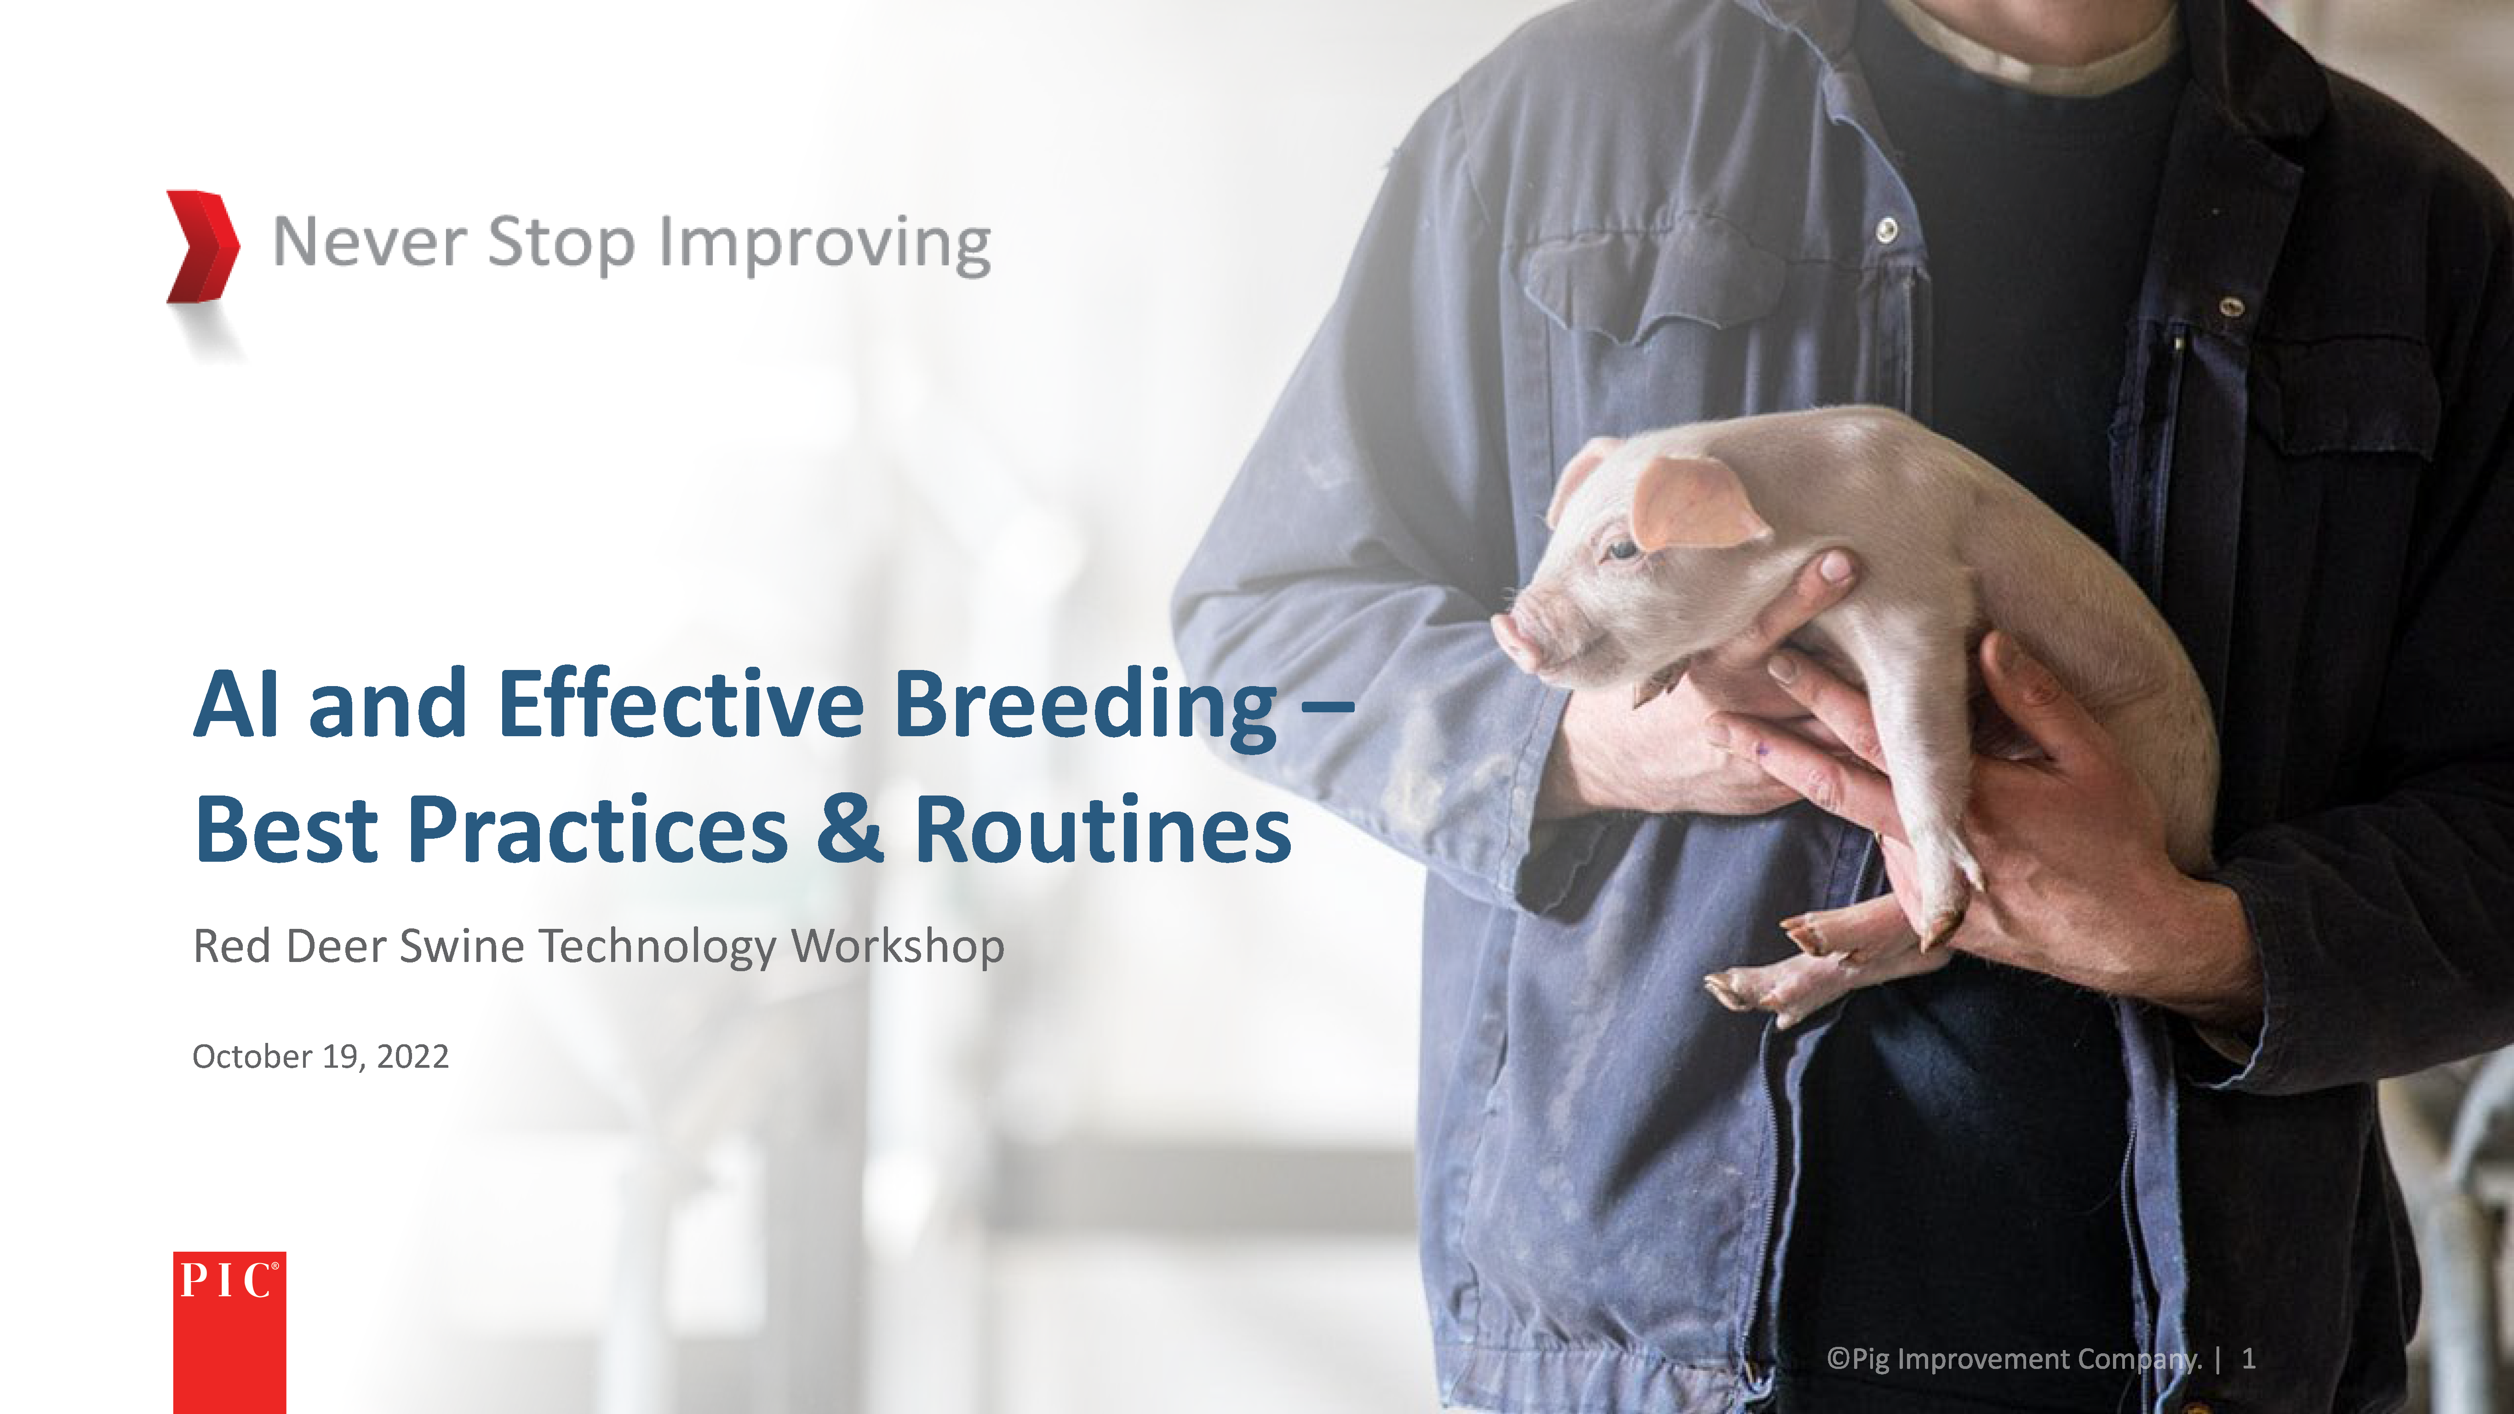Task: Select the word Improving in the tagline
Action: point(825,245)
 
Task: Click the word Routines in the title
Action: point(1103,830)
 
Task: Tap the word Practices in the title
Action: point(597,830)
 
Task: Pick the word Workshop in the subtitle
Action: point(898,946)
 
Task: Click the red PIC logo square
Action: point(229,1332)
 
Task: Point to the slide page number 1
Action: point(2249,1358)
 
